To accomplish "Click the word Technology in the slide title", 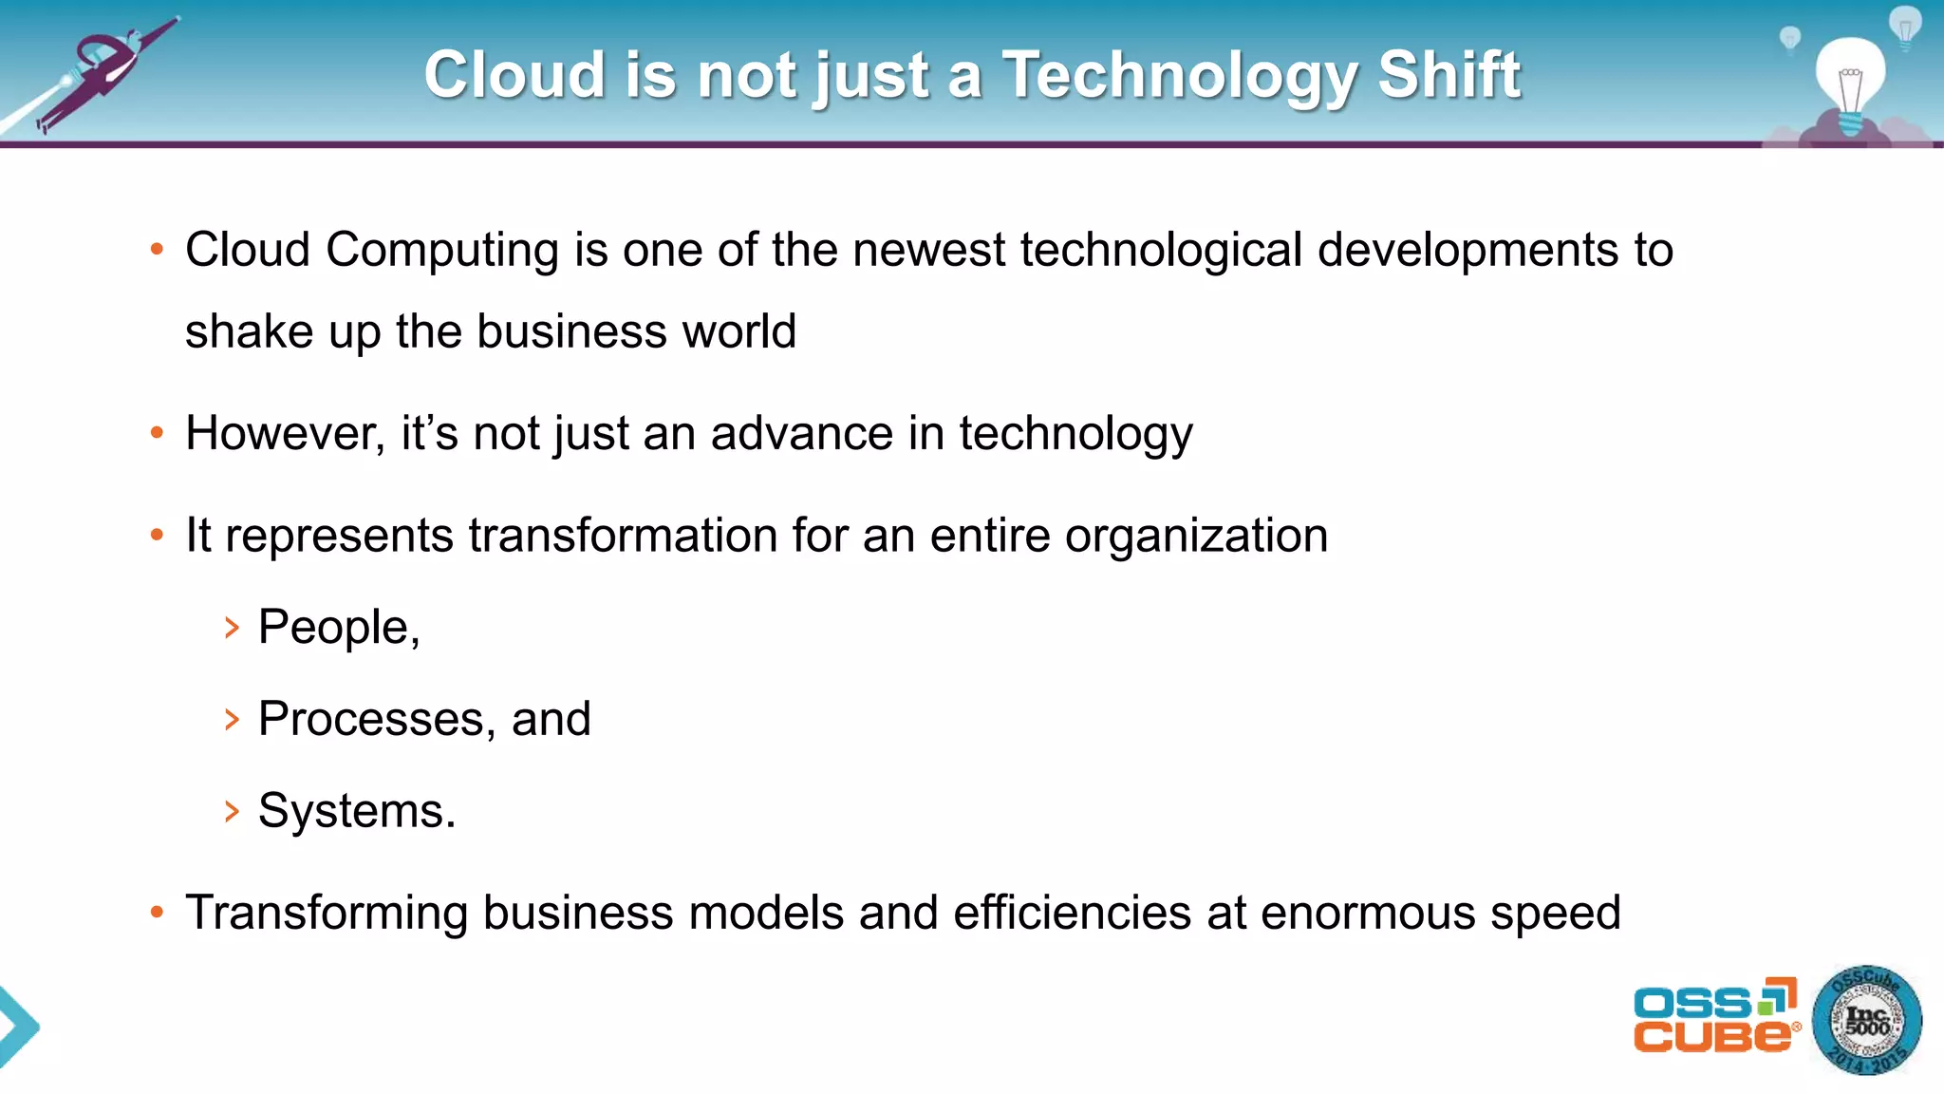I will pos(1181,76).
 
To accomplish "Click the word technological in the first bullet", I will pos(1161,251).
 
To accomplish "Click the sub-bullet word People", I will pos(334,628).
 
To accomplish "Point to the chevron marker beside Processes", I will pos(232,720).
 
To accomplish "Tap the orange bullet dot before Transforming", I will pos(158,913).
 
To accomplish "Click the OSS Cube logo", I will pos(1714,1016).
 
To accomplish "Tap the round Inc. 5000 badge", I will pos(1866,1021).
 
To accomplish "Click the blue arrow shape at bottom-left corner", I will pos(17,1027).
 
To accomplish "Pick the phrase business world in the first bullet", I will pos(636,332).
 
